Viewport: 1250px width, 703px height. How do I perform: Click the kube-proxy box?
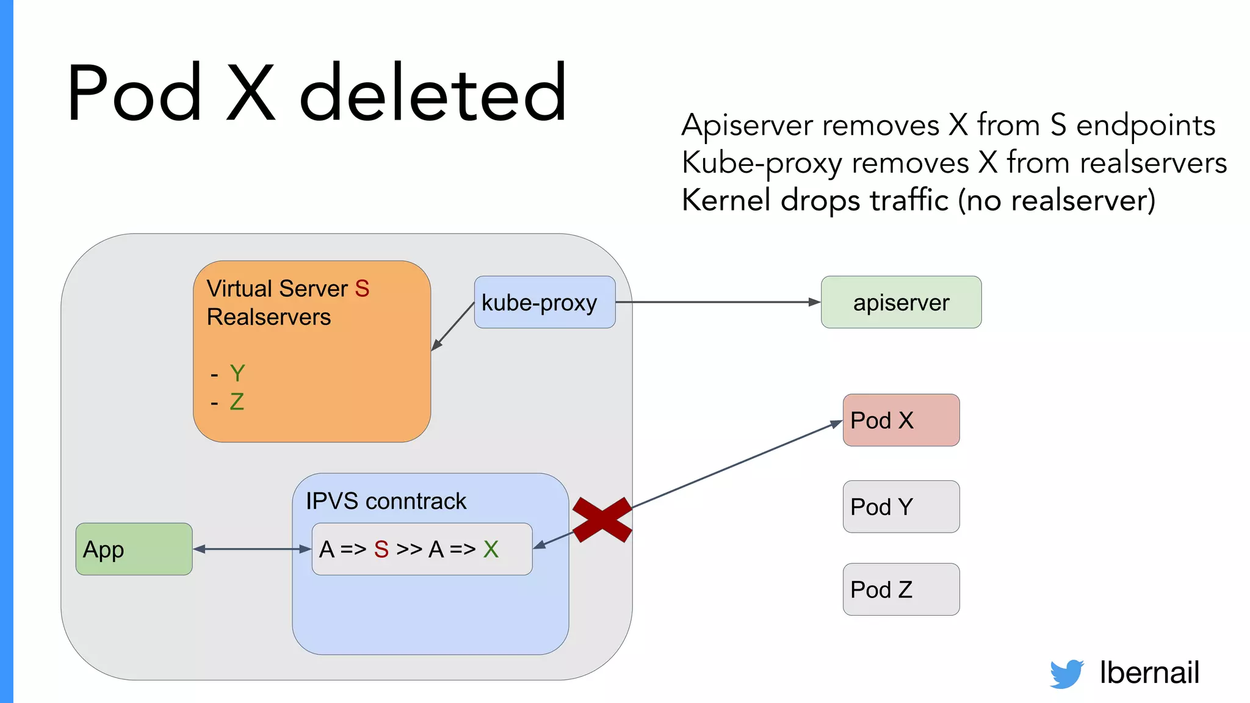pyautogui.click(x=544, y=302)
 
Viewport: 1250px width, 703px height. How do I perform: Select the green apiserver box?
pyautogui.click(x=901, y=302)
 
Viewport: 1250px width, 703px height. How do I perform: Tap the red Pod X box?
pyautogui.click(x=901, y=420)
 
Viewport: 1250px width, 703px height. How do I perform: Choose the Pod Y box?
pyautogui.click(x=901, y=507)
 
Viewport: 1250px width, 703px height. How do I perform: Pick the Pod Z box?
pyautogui.click(x=901, y=589)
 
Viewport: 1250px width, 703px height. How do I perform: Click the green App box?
pyautogui.click(x=134, y=549)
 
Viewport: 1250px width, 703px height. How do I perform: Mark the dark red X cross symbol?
pyautogui.click(x=602, y=520)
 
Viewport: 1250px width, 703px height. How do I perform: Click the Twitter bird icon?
pyautogui.click(x=1066, y=674)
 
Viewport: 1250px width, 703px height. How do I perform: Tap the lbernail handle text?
pyautogui.click(x=1149, y=672)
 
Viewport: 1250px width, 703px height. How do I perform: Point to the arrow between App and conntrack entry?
pyautogui.click(x=252, y=549)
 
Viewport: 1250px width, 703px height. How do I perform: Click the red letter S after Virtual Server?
pyautogui.click(x=362, y=289)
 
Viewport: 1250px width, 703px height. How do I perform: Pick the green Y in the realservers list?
pyautogui.click(x=237, y=373)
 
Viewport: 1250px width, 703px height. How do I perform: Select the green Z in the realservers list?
pyautogui.click(x=237, y=402)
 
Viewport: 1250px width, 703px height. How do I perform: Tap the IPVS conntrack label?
pyautogui.click(x=386, y=501)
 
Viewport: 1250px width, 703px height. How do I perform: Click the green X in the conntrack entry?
pyautogui.click(x=491, y=549)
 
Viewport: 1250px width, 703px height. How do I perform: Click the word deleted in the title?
pyautogui.click(x=433, y=93)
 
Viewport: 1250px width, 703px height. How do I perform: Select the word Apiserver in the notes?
pyautogui.click(x=748, y=126)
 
